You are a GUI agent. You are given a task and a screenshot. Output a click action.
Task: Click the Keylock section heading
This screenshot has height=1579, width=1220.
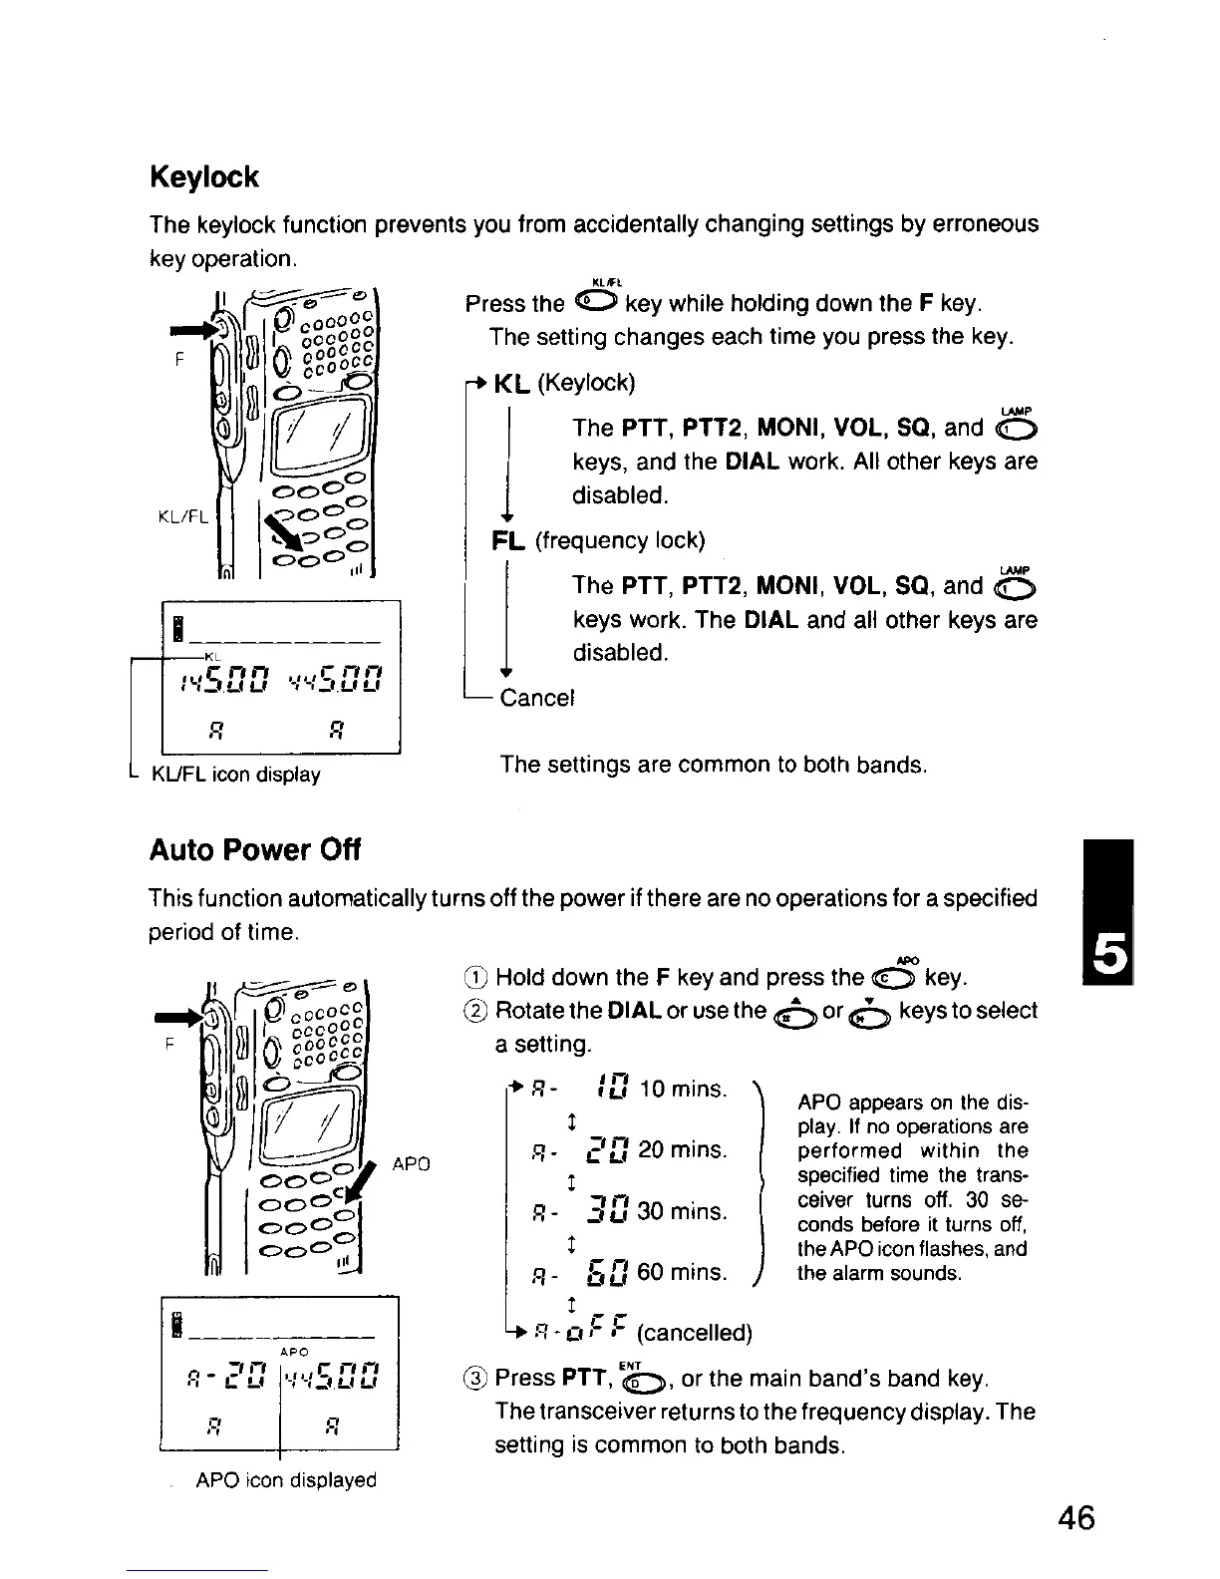pyautogui.click(x=203, y=177)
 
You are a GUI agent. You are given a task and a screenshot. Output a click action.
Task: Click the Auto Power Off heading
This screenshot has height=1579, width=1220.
pyautogui.click(x=254, y=850)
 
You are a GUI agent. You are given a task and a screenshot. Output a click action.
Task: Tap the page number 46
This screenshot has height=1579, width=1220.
pyautogui.click(x=1076, y=1518)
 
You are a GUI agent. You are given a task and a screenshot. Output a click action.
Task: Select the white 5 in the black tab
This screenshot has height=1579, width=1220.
pyautogui.click(x=1110, y=957)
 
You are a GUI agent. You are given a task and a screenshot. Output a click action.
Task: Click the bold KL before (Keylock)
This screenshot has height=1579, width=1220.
pyautogui.click(x=512, y=384)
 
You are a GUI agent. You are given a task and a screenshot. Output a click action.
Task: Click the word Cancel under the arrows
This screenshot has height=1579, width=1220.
pyautogui.click(x=538, y=697)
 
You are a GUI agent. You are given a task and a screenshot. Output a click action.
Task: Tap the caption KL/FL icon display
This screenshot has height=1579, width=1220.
pyautogui.click(x=235, y=775)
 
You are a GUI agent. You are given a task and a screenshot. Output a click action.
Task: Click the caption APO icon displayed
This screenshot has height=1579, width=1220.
pyautogui.click(x=286, y=1480)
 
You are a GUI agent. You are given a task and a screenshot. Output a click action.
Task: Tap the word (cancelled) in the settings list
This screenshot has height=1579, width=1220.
pyautogui.click(x=694, y=1334)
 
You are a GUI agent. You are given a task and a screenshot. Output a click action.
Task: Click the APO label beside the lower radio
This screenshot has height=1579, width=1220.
pyautogui.click(x=412, y=1163)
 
